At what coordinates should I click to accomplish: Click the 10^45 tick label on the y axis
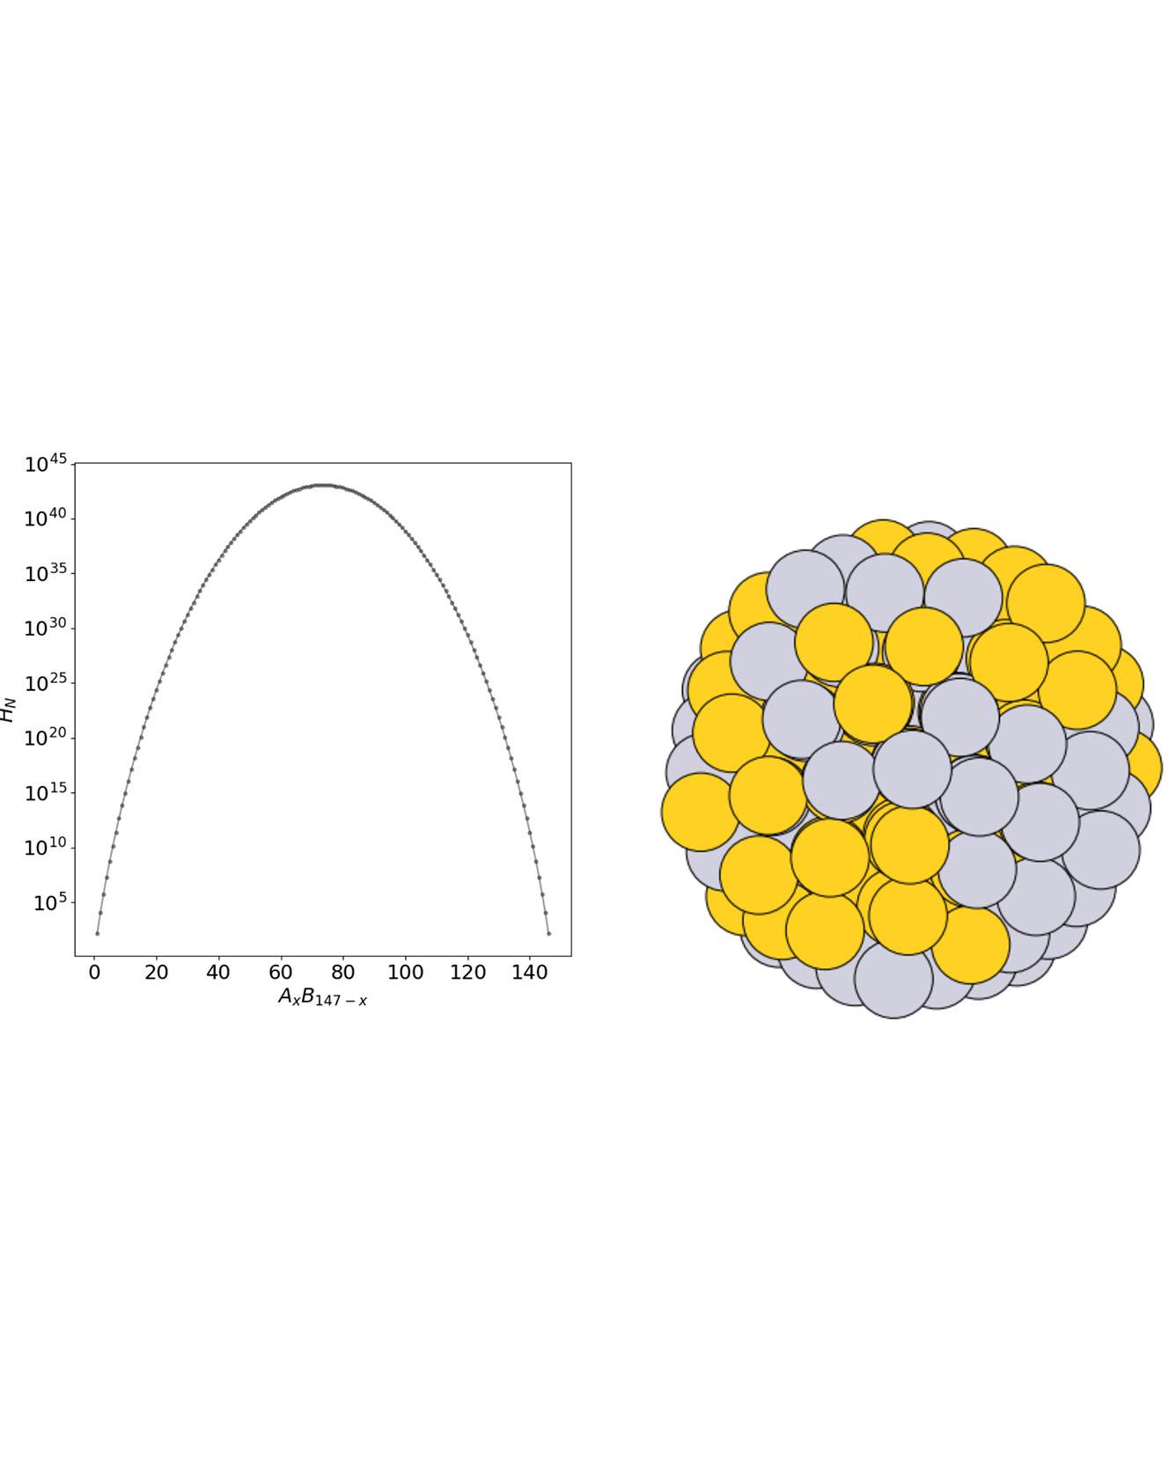coord(46,464)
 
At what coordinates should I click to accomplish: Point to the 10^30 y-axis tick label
coord(46,628)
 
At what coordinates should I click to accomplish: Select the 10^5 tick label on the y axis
coord(50,903)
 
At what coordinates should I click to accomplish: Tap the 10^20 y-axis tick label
coord(46,739)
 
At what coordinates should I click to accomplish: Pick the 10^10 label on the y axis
coord(46,848)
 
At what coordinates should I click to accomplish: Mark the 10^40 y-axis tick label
coord(46,518)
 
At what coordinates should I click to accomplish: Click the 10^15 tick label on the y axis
coord(46,793)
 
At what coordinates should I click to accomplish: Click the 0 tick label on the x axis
coord(94,973)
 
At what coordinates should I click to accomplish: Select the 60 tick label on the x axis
coord(281,973)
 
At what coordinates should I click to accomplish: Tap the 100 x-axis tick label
coord(405,973)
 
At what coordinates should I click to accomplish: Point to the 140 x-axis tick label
coord(529,973)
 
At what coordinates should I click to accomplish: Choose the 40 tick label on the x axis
coord(218,973)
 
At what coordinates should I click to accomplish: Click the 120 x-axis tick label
coord(467,973)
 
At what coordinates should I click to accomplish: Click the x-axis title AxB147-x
coord(322,997)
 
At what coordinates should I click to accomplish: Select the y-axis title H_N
coord(9,709)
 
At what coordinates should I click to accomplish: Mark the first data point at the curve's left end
coord(98,933)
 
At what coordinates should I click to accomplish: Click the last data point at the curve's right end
coord(548,933)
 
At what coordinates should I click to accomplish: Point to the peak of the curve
coord(323,485)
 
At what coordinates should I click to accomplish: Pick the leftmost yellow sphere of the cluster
coord(700,812)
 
